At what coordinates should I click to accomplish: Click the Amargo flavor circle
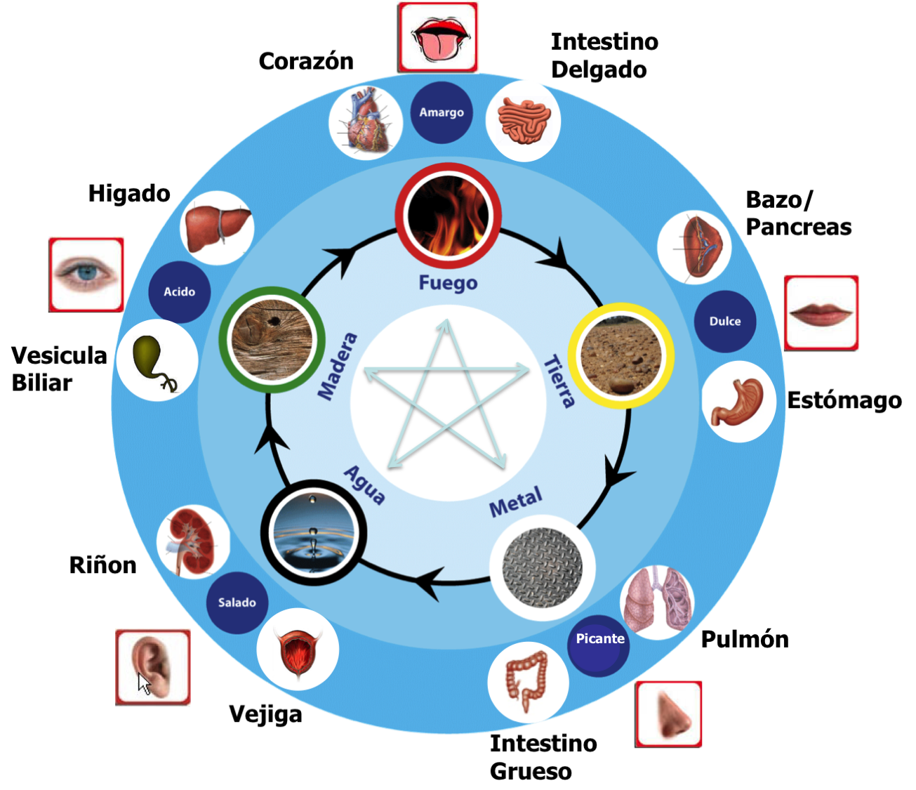442,112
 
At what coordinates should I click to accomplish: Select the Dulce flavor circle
725,321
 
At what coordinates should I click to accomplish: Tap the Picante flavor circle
599,639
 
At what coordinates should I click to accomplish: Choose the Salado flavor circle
237,603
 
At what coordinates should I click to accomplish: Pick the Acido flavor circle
180,291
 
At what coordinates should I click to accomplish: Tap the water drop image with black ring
314,532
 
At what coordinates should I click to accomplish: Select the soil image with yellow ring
621,355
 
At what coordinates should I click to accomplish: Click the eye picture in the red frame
86,275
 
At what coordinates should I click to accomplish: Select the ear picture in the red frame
153,666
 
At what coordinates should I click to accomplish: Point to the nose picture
669,714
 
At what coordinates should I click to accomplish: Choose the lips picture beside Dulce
821,312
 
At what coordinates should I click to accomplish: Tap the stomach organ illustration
738,402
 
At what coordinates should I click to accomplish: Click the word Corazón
306,62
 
